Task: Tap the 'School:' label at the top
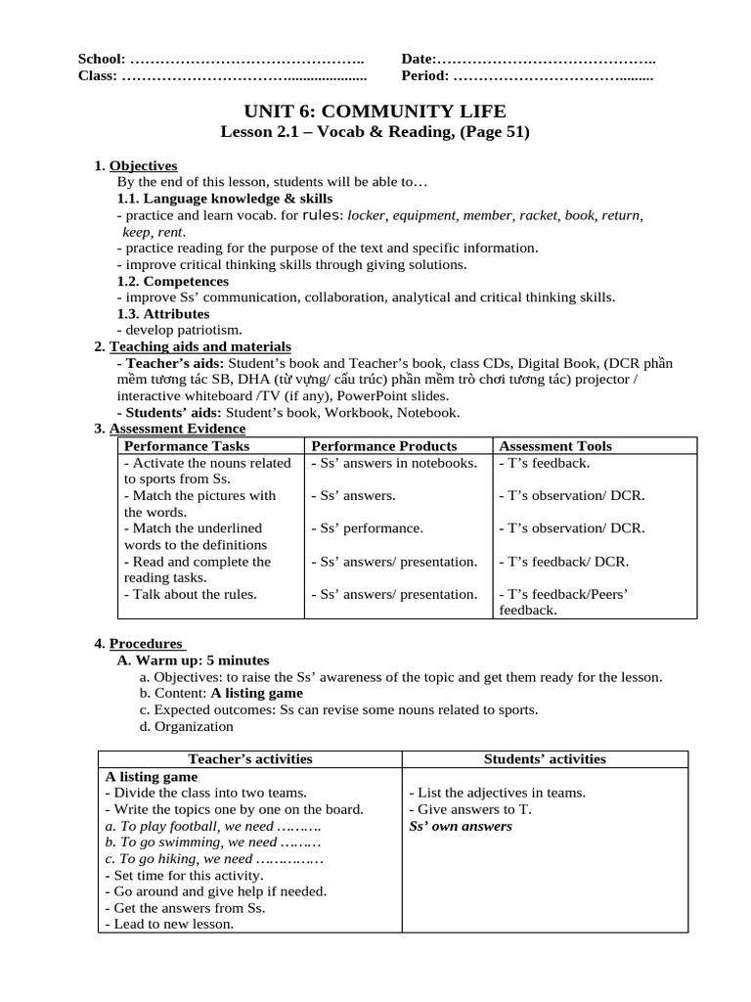click(102, 60)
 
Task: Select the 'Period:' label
click(425, 75)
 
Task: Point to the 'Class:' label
click(98, 75)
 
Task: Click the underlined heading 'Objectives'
click(143, 165)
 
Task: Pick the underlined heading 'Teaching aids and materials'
click(199, 346)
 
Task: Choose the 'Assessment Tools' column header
click(555, 446)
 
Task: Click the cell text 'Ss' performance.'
click(368, 528)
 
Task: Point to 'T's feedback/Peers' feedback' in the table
click(562, 602)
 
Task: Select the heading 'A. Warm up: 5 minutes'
click(193, 660)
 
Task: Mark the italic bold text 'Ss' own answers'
click(461, 826)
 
